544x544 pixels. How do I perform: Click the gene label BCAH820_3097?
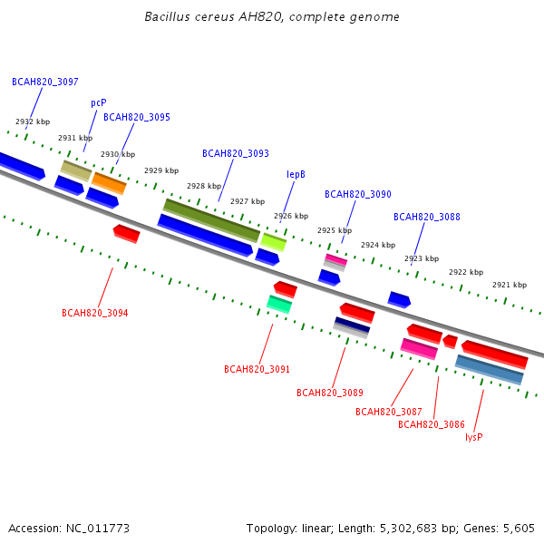click(45, 82)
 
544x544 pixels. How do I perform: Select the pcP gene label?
click(99, 103)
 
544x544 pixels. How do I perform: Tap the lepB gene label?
click(296, 174)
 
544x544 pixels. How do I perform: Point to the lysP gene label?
click(474, 437)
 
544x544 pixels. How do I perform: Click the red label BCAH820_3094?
click(95, 313)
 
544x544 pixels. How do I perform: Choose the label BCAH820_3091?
click(257, 369)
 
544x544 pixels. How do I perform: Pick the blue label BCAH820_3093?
click(236, 153)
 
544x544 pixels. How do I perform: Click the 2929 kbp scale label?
click(161, 170)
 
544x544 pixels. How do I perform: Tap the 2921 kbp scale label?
click(510, 285)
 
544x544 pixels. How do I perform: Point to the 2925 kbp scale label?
click(335, 230)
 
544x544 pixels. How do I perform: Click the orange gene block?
click(109, 183)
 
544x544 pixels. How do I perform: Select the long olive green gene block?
click(211, 220)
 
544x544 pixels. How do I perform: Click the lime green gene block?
click(274, 242)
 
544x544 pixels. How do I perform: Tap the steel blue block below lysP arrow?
click(490, 370)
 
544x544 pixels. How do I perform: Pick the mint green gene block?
click(279, 305)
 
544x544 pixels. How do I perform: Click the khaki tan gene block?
click(76, 170)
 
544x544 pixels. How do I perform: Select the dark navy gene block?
click(352, 325)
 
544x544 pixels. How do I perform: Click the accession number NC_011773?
click(98, 529)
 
